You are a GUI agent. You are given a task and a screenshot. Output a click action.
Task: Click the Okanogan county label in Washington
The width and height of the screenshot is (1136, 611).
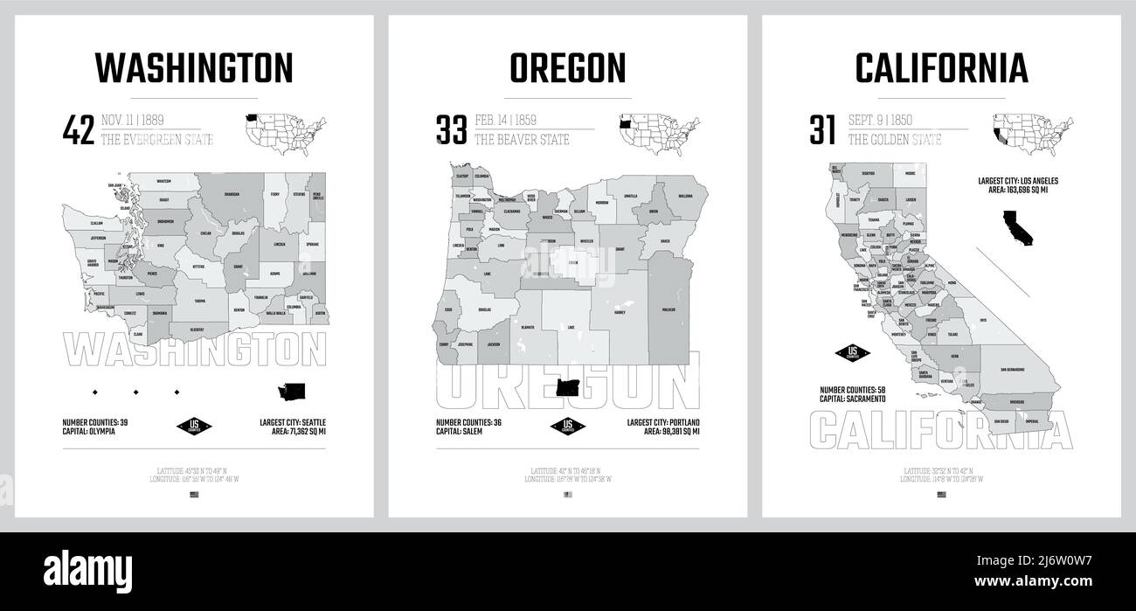click(232, 195)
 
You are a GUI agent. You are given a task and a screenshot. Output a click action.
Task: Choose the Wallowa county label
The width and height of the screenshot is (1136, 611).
click(684, 197)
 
